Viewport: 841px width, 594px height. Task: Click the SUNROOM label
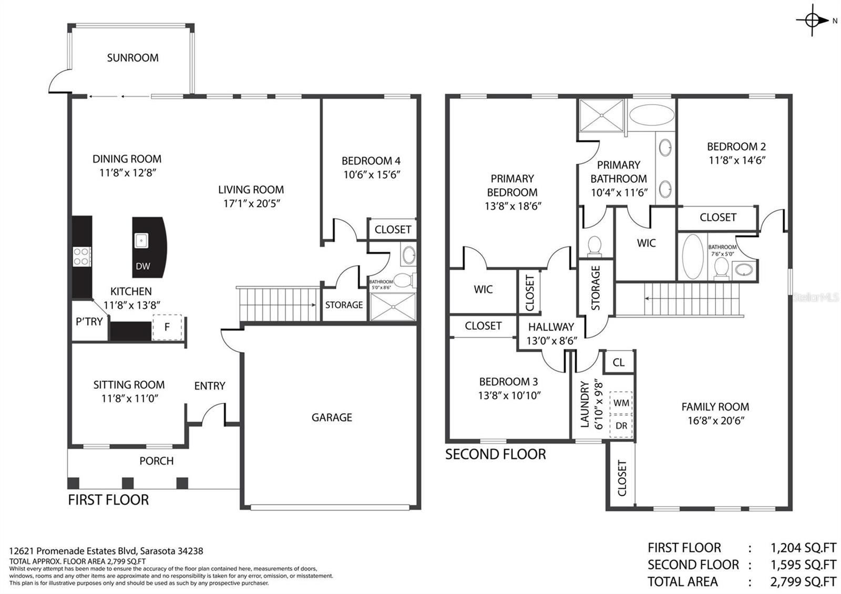click(x=132, y=58)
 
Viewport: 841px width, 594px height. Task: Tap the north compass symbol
click(x=813, y=21)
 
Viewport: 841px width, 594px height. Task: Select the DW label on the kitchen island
click(x=142, y=266)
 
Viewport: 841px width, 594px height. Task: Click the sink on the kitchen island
click(x=141, y=240)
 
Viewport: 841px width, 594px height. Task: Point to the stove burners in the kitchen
click(x=82, y=257)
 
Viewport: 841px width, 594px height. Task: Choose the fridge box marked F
click(x=167, y=327)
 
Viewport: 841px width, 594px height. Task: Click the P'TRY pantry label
click(x=89, y=322)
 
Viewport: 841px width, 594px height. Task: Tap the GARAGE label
click(x=332, y=417)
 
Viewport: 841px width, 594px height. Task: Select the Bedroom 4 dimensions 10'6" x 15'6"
click(x=372, y=175)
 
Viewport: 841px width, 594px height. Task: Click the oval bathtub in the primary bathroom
click(x=651, y=115)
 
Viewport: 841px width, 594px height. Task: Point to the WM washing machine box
click(x=621, y=403)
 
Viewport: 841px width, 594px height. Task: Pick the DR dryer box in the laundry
click(x=621, y=426)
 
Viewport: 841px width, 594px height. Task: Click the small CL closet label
click(x=618, y=363)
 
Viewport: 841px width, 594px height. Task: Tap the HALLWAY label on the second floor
click(x=551, y=327)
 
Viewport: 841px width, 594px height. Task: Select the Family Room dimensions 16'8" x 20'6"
click(x=715, y=421)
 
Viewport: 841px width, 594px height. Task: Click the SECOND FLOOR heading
click(x=495, y=455)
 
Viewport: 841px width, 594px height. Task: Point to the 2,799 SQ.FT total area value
click(x=804, y=581)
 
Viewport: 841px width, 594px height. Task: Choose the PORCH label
click(x=157, y=461)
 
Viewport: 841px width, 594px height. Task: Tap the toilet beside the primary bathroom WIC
click(x=594, y=246)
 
